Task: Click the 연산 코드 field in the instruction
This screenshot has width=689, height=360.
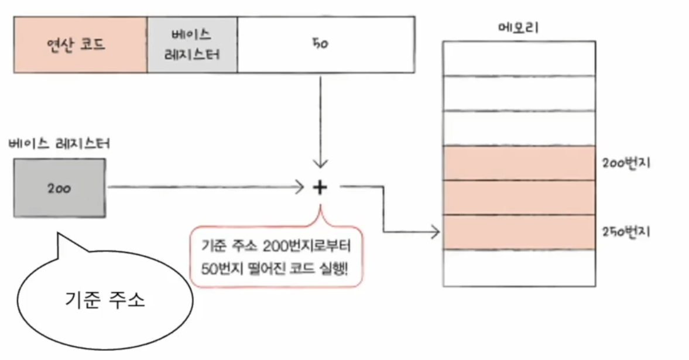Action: (80, 44)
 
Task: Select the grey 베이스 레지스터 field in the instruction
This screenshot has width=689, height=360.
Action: (192, 44)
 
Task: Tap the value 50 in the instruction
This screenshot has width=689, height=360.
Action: (320, 44)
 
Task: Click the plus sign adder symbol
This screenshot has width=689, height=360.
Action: (320, 187)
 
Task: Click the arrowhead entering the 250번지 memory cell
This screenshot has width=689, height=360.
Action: (436, 232)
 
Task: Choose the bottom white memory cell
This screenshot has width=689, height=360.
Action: (519, 268)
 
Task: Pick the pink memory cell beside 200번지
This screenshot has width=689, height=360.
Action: (519, 163)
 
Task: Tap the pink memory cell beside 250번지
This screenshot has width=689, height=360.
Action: (519, 232)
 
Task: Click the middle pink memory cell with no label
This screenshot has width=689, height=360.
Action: (519, 198)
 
